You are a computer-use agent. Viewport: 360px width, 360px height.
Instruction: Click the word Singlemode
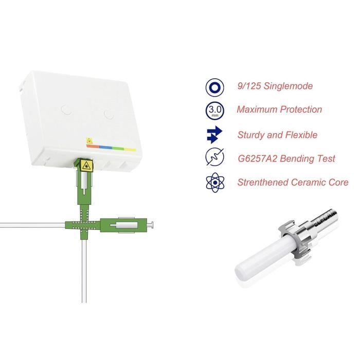point(288,86)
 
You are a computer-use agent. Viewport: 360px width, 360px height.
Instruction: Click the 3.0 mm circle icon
point(214,111)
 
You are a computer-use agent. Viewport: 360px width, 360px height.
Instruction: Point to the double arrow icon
point(214,135)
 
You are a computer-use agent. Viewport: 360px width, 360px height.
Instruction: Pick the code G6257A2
point(258,158)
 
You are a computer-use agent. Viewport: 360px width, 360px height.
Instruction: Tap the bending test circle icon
point(214,157)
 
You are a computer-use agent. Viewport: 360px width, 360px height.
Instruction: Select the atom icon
point(215,183)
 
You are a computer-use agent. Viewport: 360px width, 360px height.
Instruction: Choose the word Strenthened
point(263,182)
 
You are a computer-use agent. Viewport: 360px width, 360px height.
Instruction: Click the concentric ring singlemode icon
point(214,87)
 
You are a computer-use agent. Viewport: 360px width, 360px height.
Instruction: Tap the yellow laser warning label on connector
point(86,165)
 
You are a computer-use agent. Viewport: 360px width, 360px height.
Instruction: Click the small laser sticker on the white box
point(89,141)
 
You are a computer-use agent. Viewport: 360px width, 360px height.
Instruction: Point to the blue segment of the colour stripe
point(106,147)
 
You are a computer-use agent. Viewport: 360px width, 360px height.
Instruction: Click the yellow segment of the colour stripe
point(130,150)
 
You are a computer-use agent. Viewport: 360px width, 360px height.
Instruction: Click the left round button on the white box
point(66,110)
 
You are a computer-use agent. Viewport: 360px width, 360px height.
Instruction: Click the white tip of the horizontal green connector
point(150,225)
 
